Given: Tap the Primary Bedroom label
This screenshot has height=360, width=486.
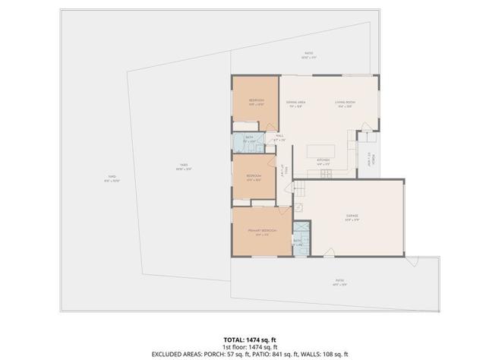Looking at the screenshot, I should (262, 230).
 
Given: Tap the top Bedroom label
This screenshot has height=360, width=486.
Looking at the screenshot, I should (256, 101).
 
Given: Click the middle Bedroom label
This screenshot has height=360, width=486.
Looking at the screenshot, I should (254, 177).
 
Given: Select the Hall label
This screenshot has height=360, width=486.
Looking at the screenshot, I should (279, 137).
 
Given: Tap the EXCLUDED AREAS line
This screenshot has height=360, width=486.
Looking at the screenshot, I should (243, 354).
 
